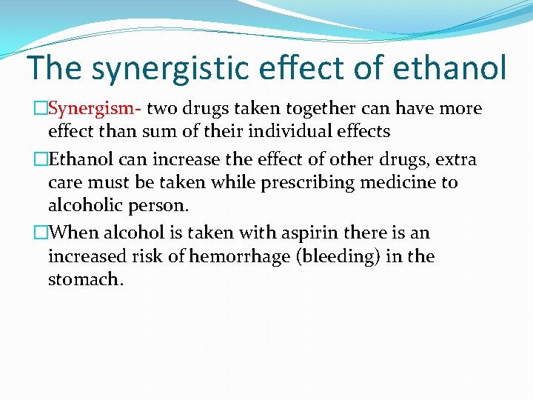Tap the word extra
click(x=457, y=159)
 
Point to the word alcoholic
click(x=86, y=205)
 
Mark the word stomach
click(x=84, y=280)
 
